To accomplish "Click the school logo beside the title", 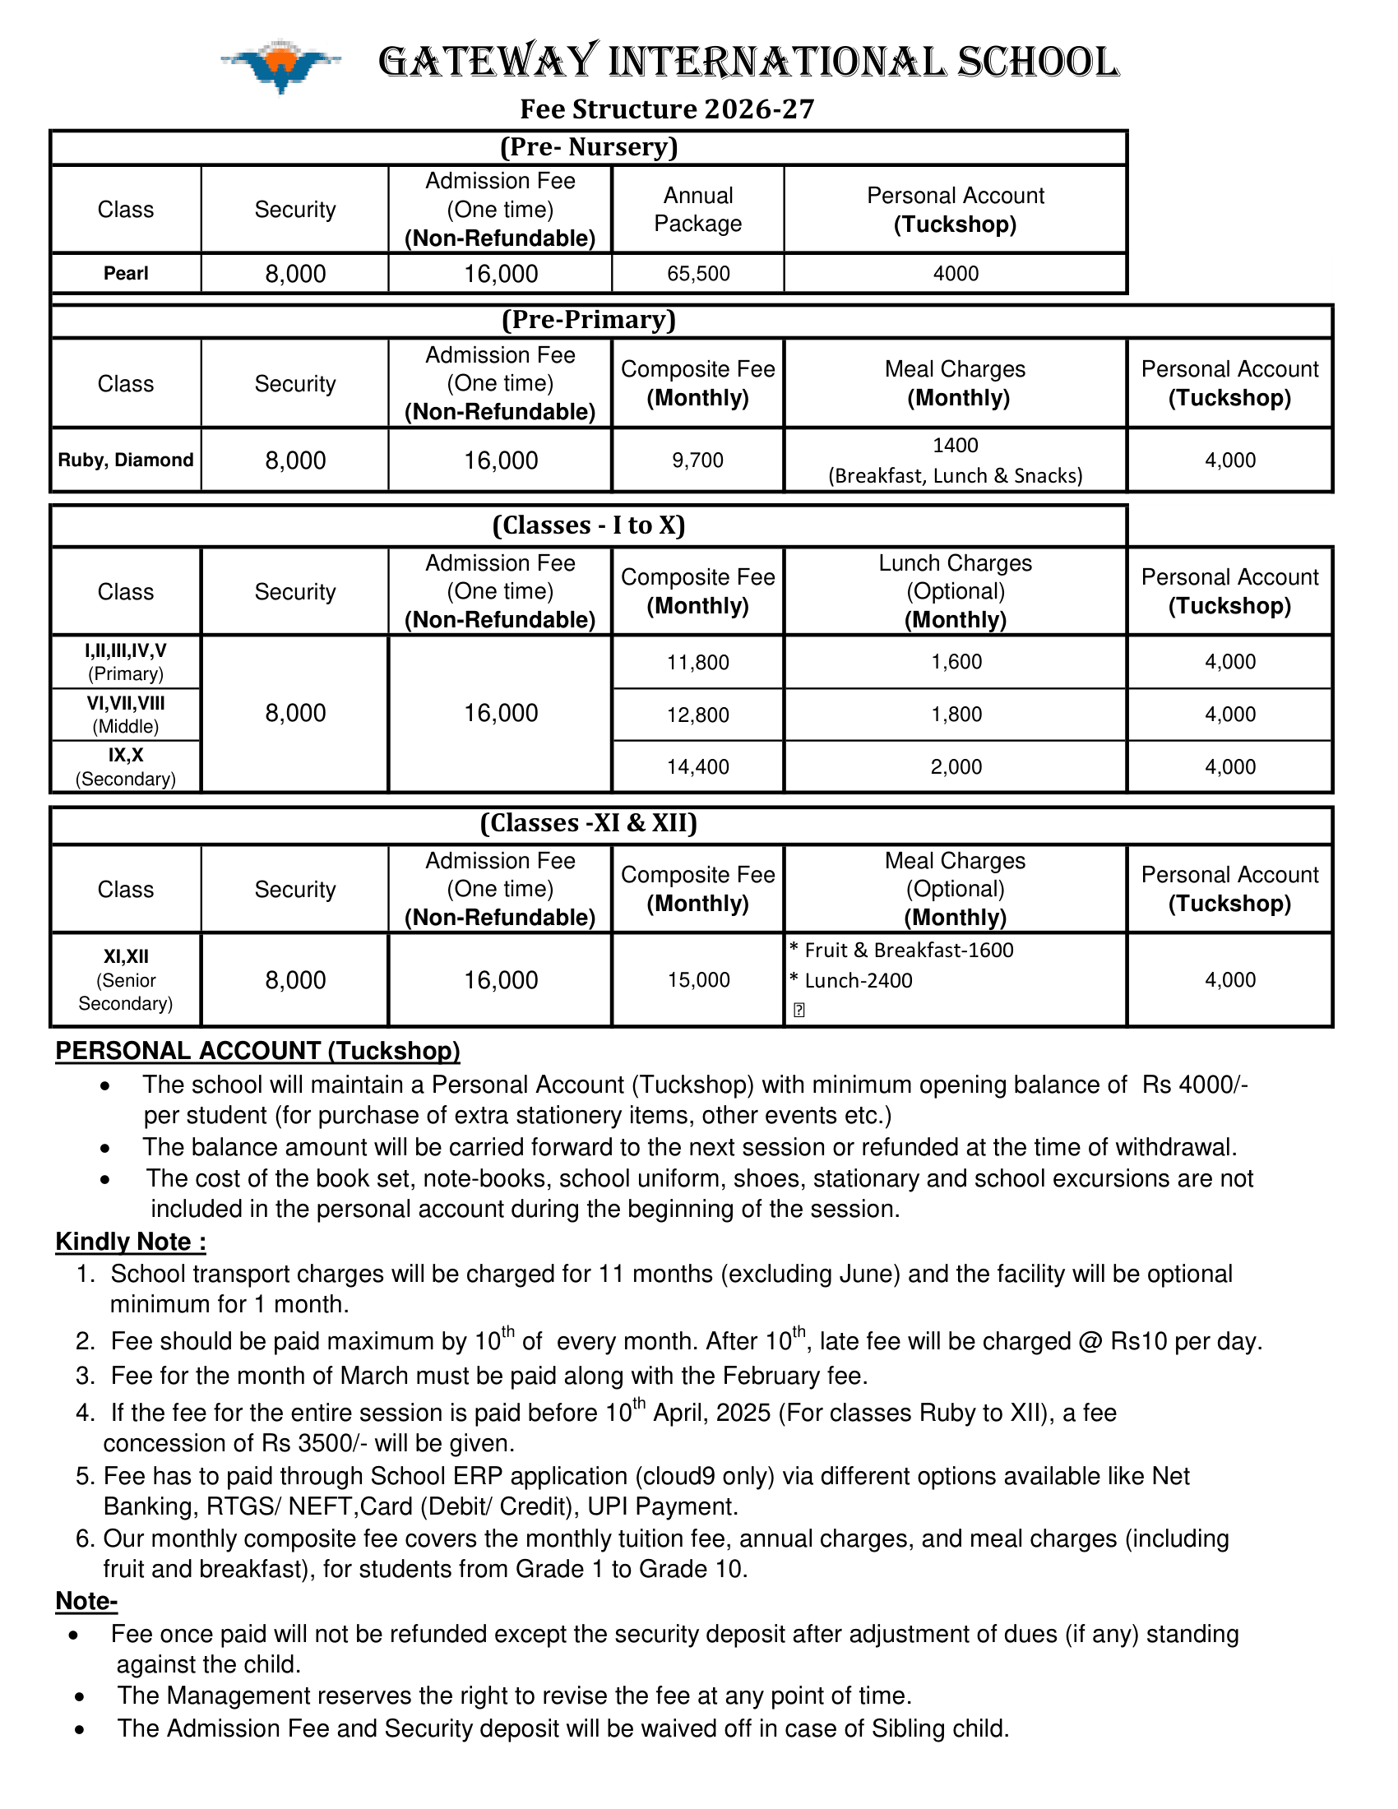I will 280,65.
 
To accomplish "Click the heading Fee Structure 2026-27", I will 667,109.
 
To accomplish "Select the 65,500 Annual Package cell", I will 698,273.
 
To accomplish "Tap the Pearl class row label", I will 126,273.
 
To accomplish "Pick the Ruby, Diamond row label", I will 126,460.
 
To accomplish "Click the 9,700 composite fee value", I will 697,460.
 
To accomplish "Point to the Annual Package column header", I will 698,210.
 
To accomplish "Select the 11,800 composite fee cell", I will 698,663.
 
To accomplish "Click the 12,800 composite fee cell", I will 698,715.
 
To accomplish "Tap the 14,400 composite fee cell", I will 698,767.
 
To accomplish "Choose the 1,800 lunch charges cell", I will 956,714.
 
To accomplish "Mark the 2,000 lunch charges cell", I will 956,767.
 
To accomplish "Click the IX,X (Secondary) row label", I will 126,767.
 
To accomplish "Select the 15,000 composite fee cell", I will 699,980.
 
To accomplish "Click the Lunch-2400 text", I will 858,981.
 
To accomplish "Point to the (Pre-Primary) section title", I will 589,320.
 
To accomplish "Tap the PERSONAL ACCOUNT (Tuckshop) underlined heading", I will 257,1050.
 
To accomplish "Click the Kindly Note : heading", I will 131,1242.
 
